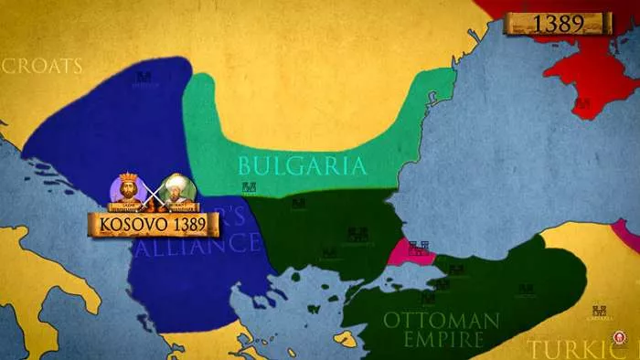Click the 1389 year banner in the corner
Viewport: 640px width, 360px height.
(x=558, y=24)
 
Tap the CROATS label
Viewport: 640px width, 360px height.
(x=42, y=66)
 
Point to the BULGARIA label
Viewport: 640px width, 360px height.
(x=302, y=165)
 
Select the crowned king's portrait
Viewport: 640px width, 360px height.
(x=127, y=190)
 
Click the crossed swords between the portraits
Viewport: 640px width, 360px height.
(x=152, y=192)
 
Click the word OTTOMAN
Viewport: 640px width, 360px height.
(x=441, y=320)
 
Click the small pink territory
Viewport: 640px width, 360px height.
(x=409, y=253)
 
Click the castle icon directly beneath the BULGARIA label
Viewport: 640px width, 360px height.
(x=249, y=188)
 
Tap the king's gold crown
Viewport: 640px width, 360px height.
(x=127, y=178)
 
